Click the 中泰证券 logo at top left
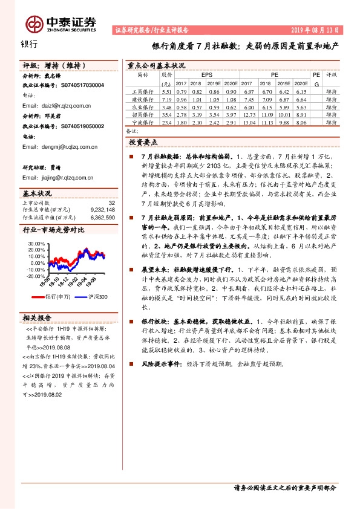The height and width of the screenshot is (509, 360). click(x=61, y=22)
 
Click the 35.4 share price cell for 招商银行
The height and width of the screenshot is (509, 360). click(x=166, y=114)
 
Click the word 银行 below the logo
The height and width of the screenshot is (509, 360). click(x=29, y=44)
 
